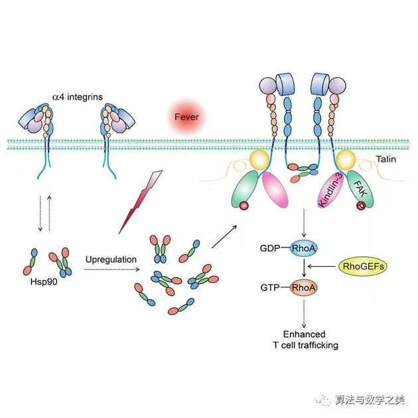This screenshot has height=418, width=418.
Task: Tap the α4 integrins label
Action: (78, 97)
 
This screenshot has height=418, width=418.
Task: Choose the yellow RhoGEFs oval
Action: (363, 266)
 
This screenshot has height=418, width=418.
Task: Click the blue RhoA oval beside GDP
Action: (304, 248)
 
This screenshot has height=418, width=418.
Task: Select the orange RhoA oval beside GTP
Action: (304, 287)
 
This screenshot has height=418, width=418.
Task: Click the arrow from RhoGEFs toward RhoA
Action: (326, 267)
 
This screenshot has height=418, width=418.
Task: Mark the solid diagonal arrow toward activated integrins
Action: (226, 236)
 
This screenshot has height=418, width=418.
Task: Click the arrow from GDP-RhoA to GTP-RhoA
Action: (304, 267)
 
